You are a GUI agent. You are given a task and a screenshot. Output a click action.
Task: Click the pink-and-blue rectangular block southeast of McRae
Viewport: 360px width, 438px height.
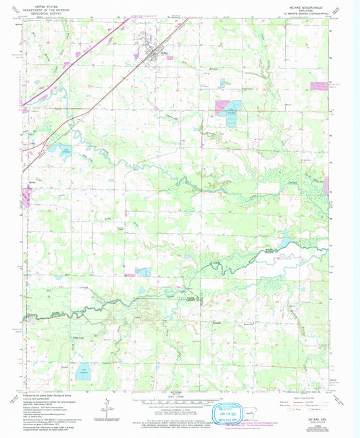pos(228,107)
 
